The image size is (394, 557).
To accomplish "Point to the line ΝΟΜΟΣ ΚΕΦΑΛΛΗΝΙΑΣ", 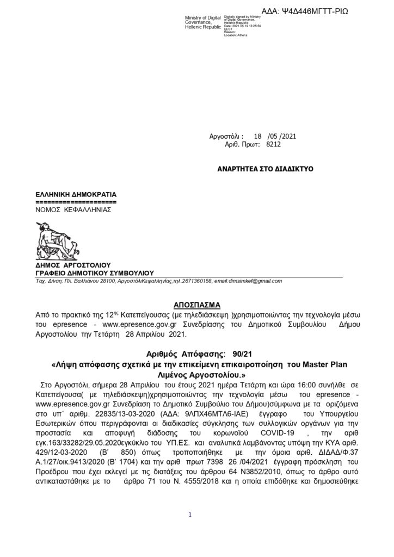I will pos(73,208).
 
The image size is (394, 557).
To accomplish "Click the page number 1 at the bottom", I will pos(189,514).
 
